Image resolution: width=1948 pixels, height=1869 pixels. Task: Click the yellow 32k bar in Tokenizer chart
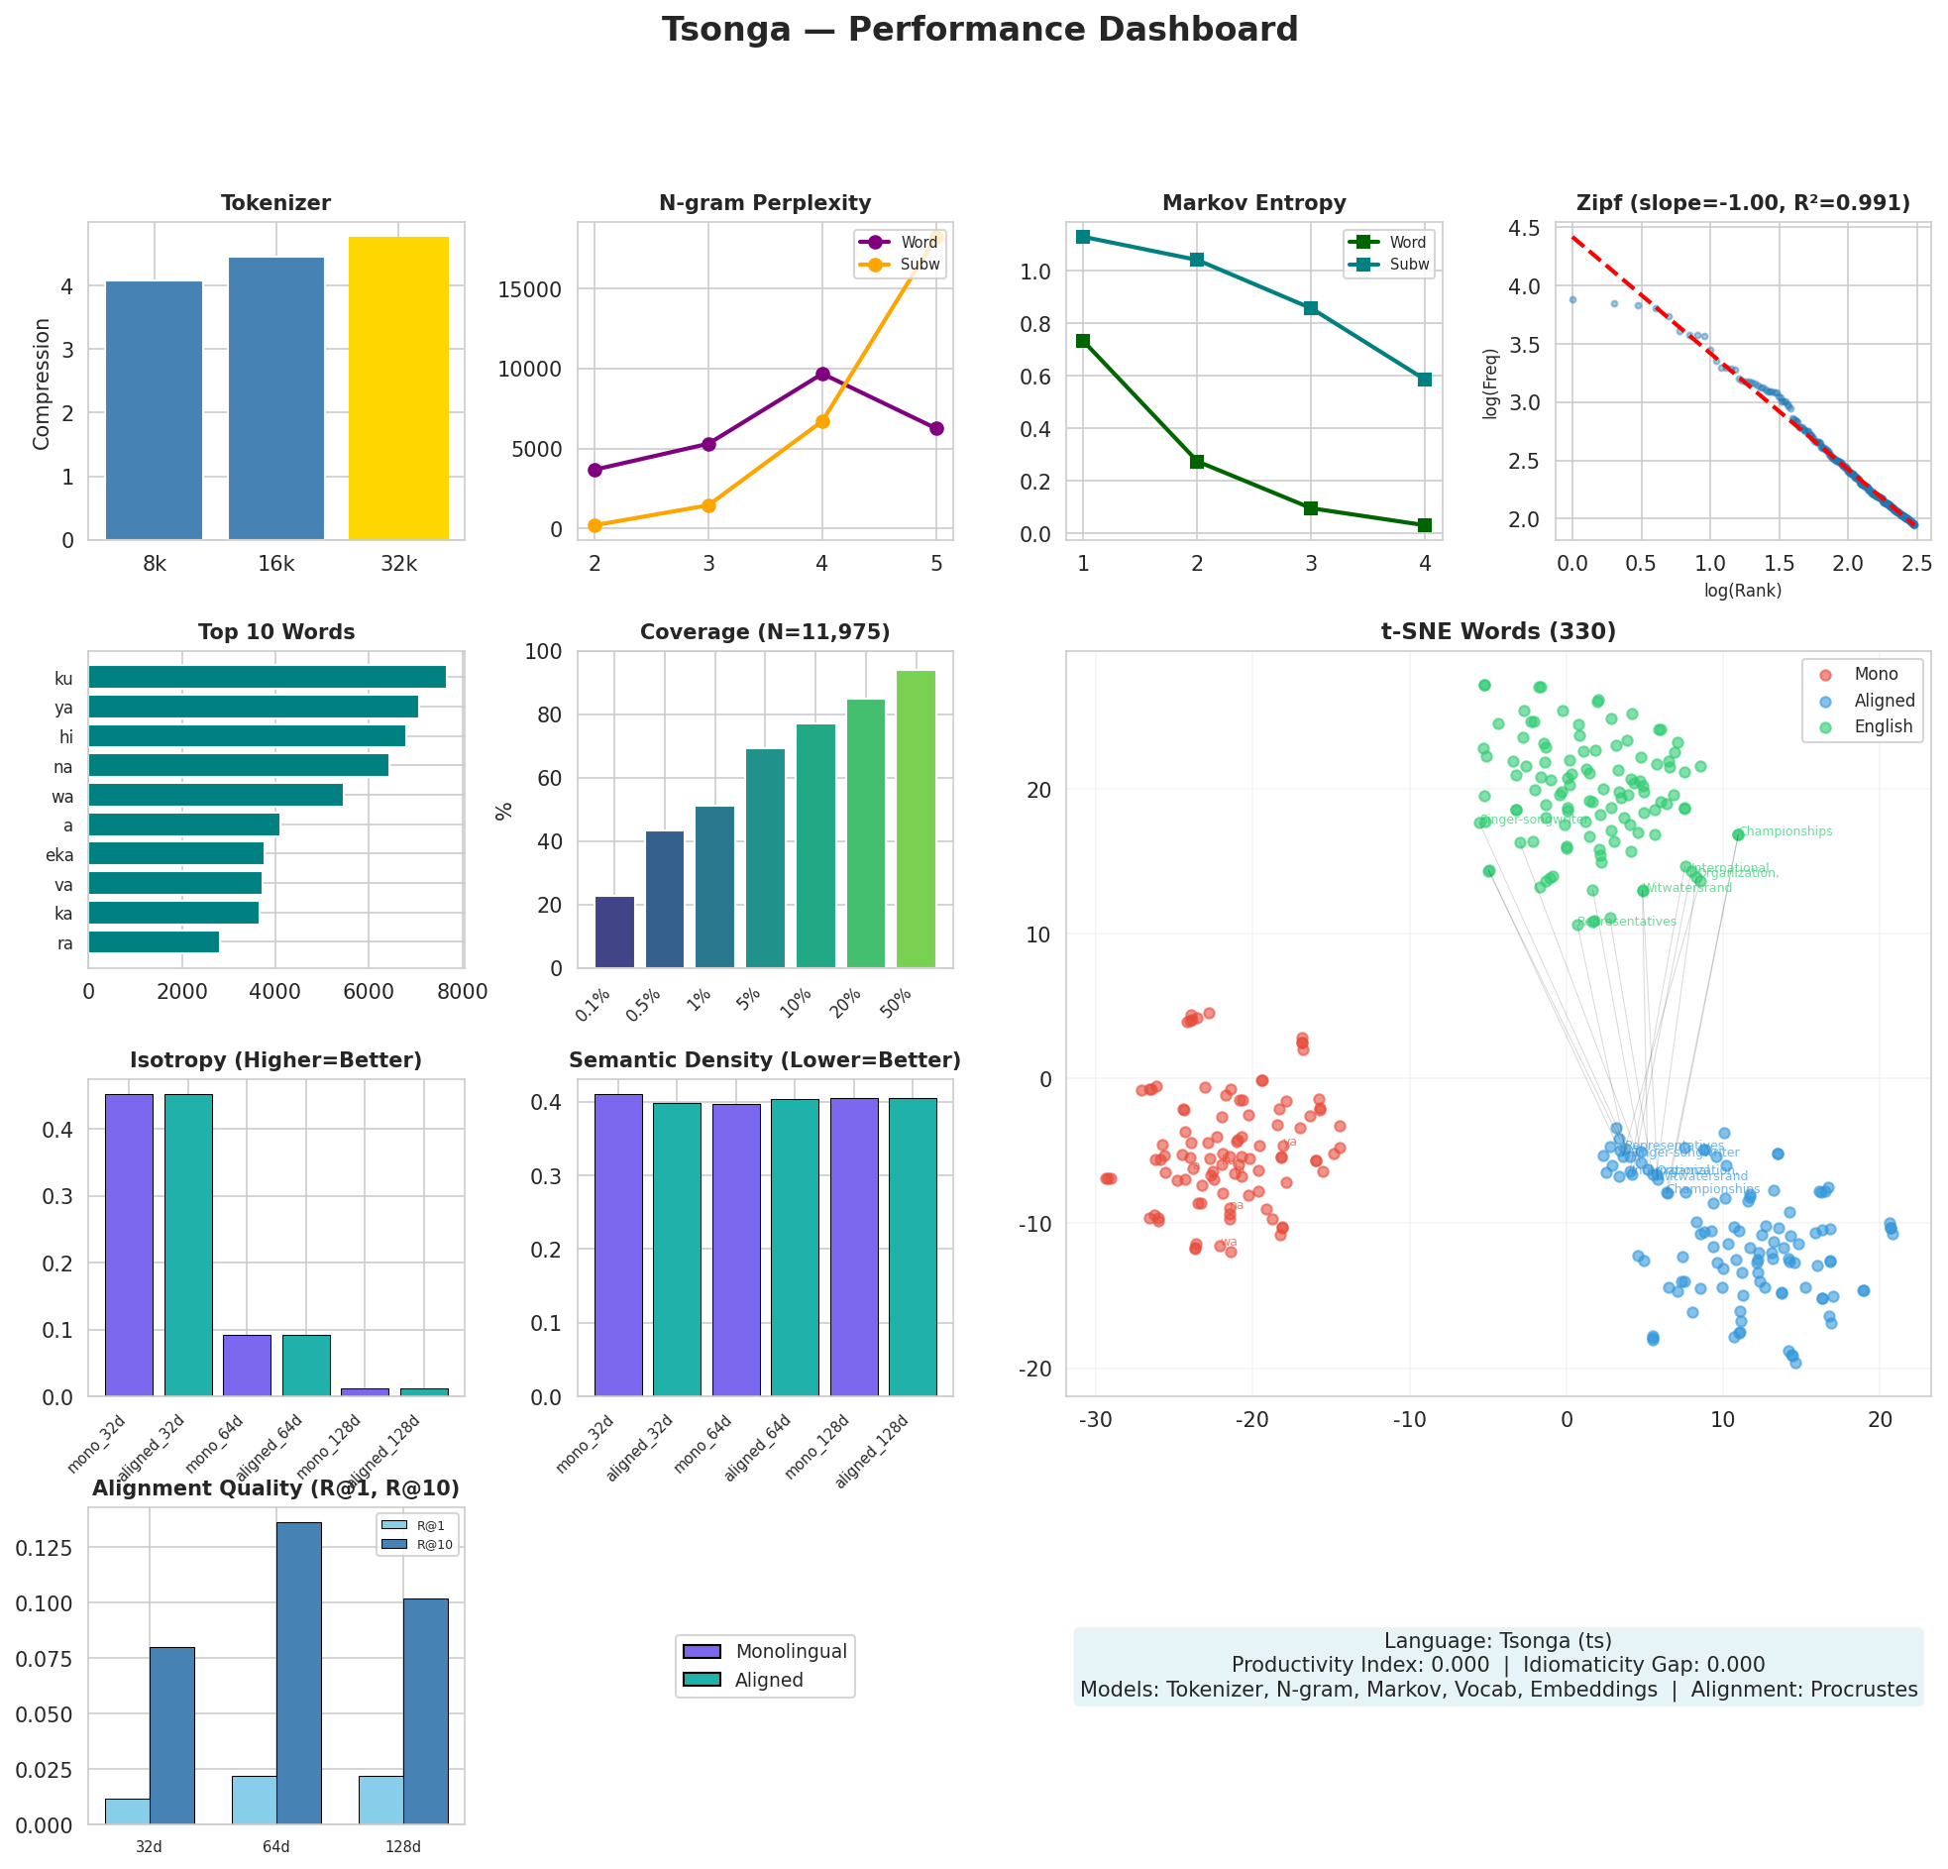point(398,387)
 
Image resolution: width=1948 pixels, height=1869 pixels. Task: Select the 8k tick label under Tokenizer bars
point(154,565)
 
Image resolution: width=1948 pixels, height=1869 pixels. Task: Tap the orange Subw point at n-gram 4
point(822,421)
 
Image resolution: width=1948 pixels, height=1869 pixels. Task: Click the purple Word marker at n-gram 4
point(822,374)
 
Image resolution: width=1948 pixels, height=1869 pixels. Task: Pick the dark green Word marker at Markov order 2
point(1197,461)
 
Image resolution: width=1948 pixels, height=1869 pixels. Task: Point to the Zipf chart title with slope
point(1742,203)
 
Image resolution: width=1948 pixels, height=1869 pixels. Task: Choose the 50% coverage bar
point(916,819)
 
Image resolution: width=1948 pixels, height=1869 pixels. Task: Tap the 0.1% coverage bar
point(614,932)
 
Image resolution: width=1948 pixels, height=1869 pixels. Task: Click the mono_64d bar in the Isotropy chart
point(247,1364)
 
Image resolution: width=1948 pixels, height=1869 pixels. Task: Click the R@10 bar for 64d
point(298,1672)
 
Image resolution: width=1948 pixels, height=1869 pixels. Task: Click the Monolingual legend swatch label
point(790,1651)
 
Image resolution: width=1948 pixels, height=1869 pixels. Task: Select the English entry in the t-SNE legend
point(1883,726)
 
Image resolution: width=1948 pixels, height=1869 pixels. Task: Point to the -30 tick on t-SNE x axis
point(1095,1420)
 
